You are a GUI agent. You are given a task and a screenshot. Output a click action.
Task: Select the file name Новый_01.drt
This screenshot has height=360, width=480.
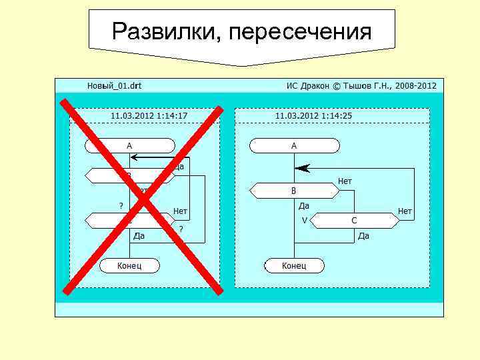(114, 86)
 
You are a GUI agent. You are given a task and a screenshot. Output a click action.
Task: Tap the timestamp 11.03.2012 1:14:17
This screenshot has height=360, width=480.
(149, 115)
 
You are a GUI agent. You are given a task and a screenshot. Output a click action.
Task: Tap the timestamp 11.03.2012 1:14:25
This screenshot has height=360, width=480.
(313, 115)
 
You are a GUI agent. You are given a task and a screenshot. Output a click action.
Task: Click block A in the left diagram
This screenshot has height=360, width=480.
(129, 145)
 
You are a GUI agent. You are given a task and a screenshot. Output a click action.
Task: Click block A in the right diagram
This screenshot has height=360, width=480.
(294, 145)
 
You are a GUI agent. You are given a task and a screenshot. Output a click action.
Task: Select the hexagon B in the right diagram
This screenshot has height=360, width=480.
(294, 191)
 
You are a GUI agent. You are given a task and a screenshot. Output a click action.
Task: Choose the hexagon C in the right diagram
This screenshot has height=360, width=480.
(354, 220)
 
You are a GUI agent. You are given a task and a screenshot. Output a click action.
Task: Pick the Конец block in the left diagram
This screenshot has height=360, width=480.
(129, 266)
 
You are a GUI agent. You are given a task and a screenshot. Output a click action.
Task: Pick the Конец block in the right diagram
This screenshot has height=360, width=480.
(294, 266)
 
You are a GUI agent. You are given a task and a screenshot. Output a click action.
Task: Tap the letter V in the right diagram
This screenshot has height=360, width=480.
(304, 220)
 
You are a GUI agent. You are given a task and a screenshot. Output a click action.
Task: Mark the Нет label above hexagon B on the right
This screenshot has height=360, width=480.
(345, 181)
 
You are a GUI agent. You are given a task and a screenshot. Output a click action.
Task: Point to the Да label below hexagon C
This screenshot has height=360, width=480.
(363, 236)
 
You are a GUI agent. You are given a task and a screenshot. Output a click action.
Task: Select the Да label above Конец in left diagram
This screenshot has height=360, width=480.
(139, 236)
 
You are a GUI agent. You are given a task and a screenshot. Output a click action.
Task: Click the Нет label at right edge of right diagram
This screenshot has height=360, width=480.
(405, 211)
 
